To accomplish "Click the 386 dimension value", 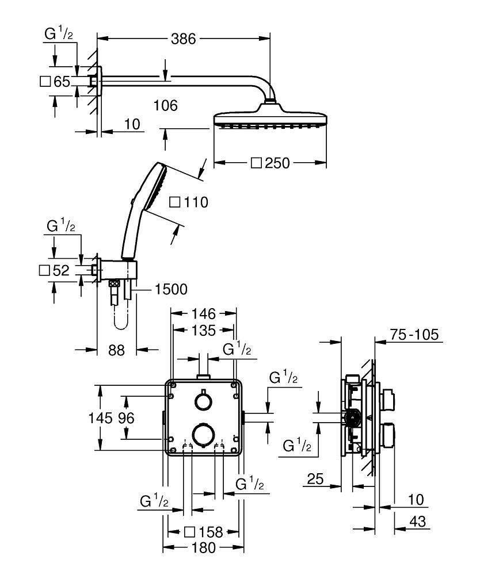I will [184, 39].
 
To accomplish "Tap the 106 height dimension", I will [166, 105].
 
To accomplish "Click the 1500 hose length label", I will [171, 290].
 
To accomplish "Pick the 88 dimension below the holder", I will [116, 350].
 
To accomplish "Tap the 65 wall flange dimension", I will [56, 82].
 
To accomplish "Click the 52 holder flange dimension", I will [55, 270].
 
